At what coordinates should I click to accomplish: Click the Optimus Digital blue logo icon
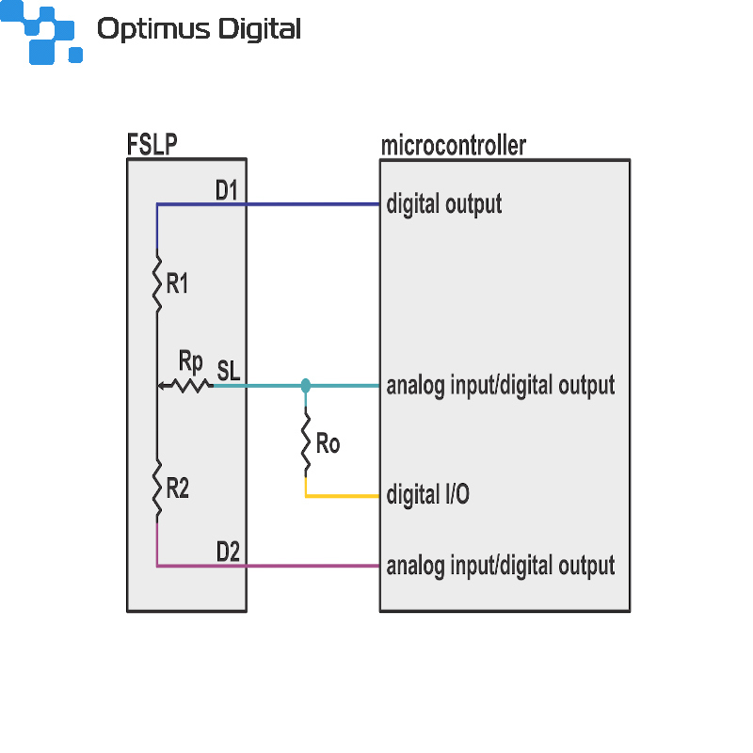click(x=41, y=32)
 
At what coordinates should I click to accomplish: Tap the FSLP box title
click(x=152, y=144)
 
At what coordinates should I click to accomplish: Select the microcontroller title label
click(x=454, y=146)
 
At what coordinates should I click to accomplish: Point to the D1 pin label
click(x=226, y=190)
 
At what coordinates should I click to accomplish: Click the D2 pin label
click(x=228, y=552)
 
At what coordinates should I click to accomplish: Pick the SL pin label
click(x=228, y=371)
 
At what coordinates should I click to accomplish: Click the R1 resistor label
click(x=177, y=283)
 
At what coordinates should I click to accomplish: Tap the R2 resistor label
click(x=177, y=489)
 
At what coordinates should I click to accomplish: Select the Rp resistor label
click(x=191, y=361)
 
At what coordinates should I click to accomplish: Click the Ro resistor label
click(x=328, y=443)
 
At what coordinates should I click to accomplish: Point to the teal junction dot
click(x=305, y=385)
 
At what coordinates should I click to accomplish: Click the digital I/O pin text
click(x=428, y=494)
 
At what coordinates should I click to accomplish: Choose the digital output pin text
click(x=444, y=204)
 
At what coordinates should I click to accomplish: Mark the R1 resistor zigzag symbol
click(x=157, y=283)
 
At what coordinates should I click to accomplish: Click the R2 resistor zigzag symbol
click(x=157, y=489)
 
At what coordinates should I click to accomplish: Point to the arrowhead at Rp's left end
click(x=162, y=385)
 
